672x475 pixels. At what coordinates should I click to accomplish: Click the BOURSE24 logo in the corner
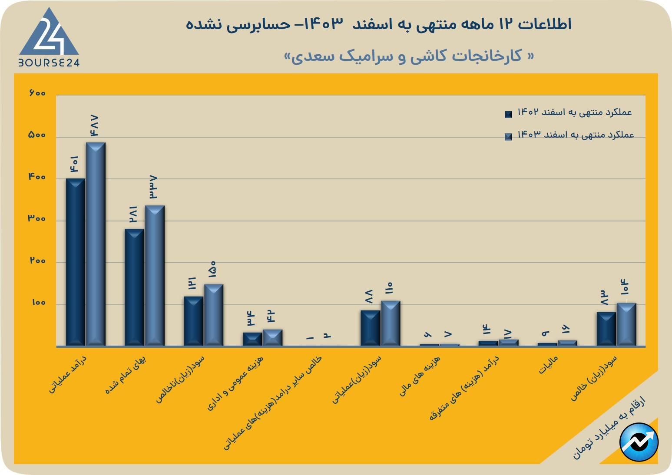pos(49,38)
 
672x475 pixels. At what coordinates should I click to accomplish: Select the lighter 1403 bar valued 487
pos(96,244)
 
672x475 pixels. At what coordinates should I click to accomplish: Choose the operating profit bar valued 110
pos(391,323)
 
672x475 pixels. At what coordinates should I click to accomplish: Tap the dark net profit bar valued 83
pos(606,329)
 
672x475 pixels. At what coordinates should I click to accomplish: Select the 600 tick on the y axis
pos(37,93)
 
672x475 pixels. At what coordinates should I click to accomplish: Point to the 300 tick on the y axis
pos(37,219)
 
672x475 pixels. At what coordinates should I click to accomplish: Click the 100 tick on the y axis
pos(38,303)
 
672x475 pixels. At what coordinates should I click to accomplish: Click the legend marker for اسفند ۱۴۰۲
pos(508,114)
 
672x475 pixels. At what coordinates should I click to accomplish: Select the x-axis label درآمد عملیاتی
pos(68,374)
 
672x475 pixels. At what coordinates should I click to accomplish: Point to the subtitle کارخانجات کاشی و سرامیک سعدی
pos(409,56)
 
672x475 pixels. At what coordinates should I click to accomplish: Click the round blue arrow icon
pos(639,442)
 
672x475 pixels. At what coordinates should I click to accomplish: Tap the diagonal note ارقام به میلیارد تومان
pos(609,427)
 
